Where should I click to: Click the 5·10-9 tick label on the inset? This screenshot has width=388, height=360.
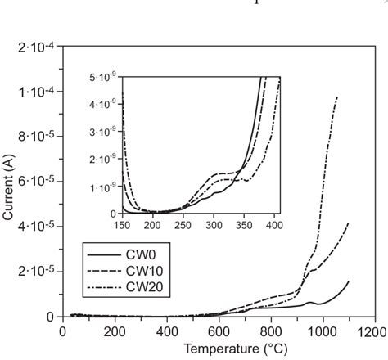tap(104, 75)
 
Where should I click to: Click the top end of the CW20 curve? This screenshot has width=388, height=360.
tap(336, 97)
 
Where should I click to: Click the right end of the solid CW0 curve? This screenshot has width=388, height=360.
tap(349, 281)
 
